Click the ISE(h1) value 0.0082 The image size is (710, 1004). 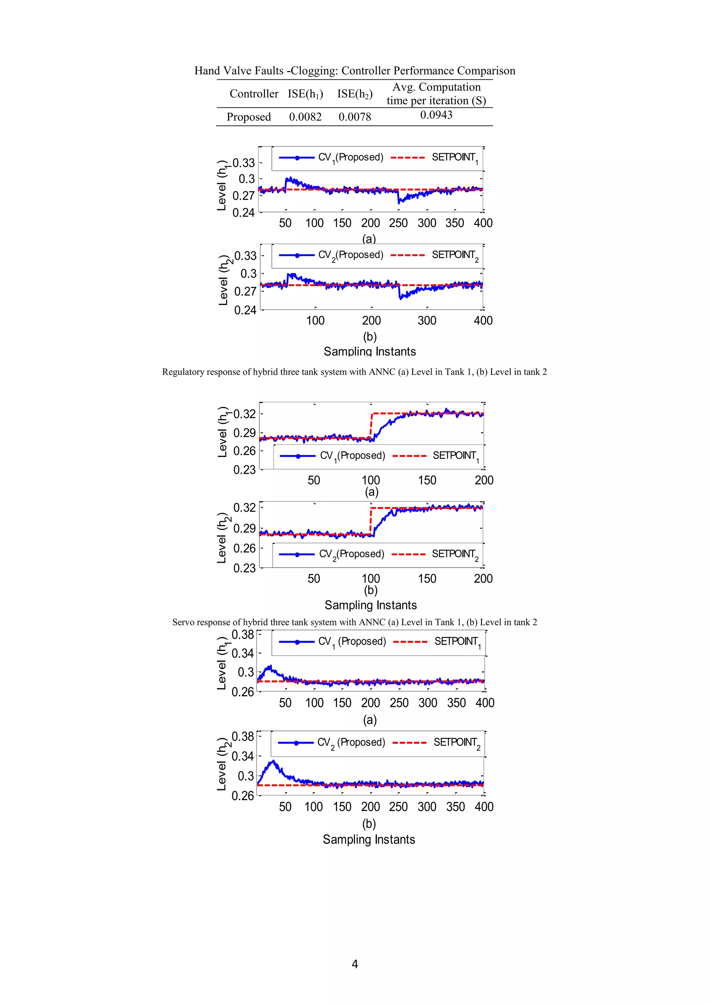point(305,117)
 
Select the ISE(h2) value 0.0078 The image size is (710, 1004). point(355,117)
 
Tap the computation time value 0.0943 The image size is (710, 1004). point(436,115)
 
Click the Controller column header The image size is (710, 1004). point(254,94)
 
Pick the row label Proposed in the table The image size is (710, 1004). point(249,117)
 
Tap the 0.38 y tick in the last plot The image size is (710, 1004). point(243,736)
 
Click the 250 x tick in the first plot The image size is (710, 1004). point(398,223)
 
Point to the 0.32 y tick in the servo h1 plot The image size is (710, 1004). point(244,414)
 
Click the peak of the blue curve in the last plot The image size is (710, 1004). point(273,761)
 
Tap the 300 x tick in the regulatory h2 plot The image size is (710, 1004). point(427,321)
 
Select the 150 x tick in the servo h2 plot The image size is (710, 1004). point(427,579)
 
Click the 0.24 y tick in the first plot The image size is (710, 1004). point(243,213)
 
